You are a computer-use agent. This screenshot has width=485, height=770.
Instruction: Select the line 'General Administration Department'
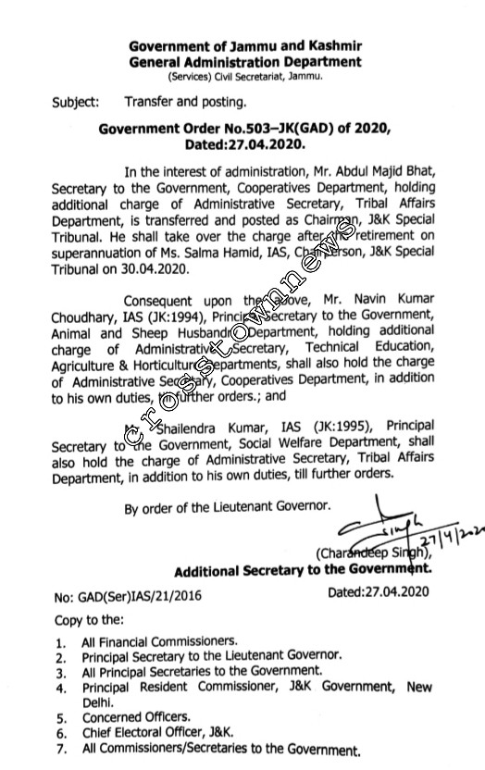pyautogui.click(x=245, y=62)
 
